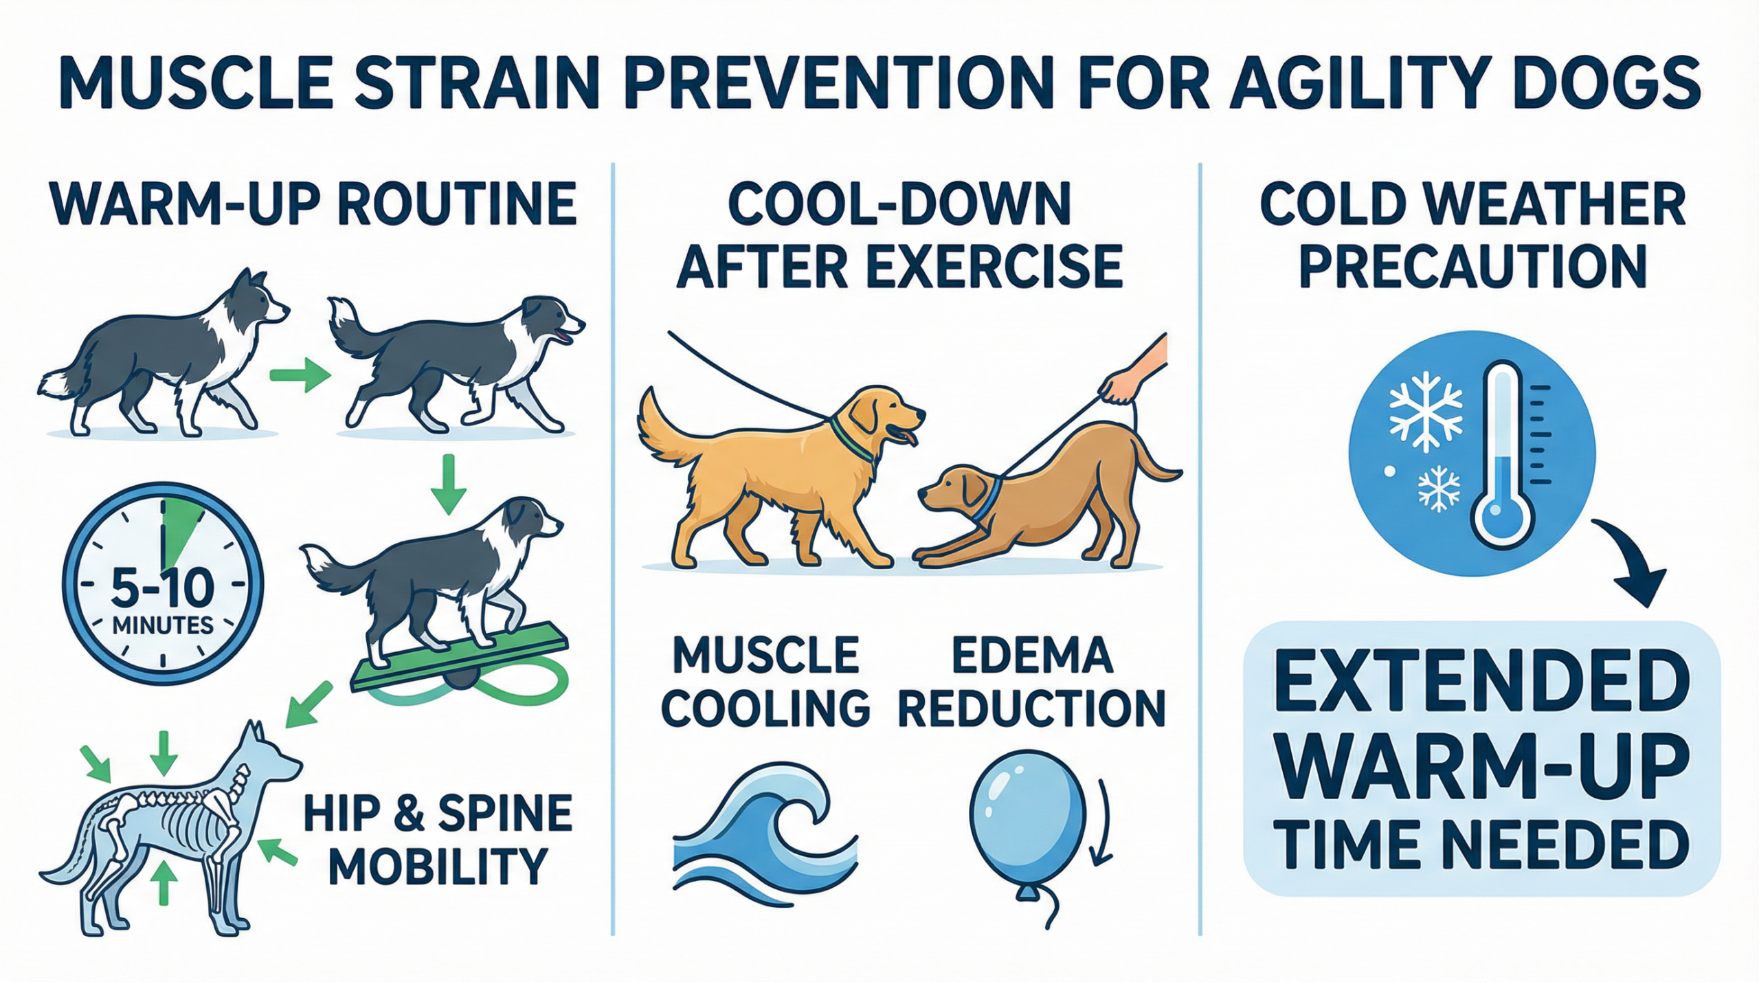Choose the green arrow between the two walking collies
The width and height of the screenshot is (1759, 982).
[300, 377]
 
